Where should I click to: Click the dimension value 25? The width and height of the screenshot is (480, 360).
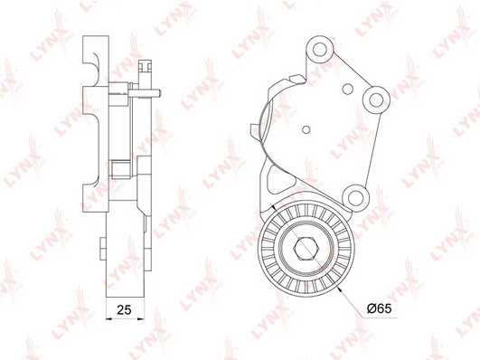coord(124,309)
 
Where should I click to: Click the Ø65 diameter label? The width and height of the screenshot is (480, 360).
coord(379,308)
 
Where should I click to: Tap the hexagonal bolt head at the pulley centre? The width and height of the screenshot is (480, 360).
coord(304,248)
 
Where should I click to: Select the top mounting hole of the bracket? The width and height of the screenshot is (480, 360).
coord(320,50)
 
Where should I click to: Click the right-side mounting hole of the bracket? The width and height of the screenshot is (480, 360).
coord(376,99)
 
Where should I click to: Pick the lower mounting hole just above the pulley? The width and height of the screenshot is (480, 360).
coord(355,198)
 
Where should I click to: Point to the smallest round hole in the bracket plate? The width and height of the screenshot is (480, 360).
coord(306,129)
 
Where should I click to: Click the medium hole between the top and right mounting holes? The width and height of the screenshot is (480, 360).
coord(348,89)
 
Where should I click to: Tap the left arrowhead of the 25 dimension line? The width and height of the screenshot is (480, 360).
coord(108,319)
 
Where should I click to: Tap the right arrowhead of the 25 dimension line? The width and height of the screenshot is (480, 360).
coord(141,319)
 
